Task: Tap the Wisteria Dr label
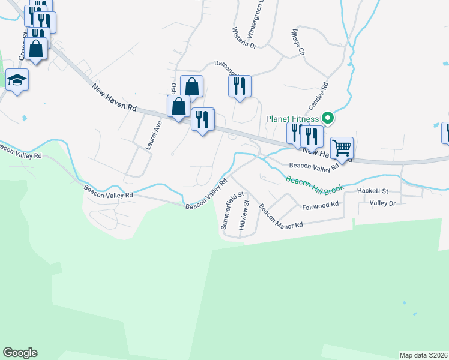pyautogui.click(x=244, y=37)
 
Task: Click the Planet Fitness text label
pyautogui.click(x=293, y=118)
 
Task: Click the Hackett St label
pyautogui.click(x=373, y=191)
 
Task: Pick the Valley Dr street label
pyautogui.click(x=383, y=203)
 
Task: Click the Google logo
pyautogui.click(x=20, y=353)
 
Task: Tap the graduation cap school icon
pyautogui.click(x=17, y=79)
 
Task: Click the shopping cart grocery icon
pyautogui.click(x=342, y=147)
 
